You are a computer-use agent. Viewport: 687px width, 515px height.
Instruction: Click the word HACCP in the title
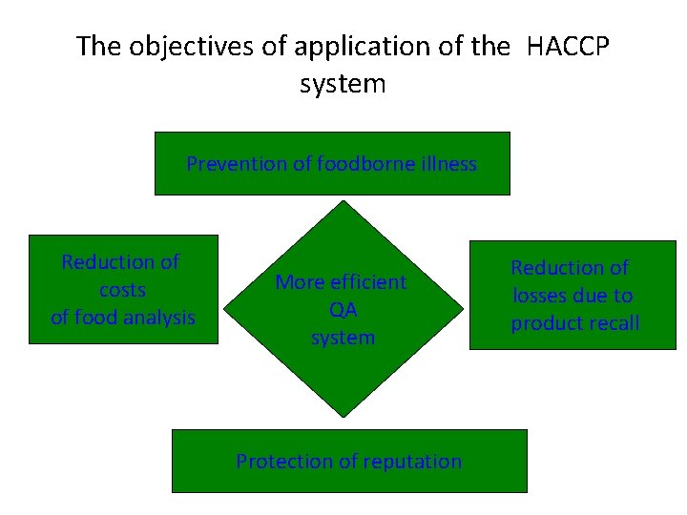click(x=569, y=46)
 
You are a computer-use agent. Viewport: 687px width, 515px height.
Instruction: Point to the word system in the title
click(x=343, y=84)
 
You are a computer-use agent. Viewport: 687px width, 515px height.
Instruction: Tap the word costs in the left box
click(x=122, y=289)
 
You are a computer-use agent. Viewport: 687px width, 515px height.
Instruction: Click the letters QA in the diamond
click(x=343, y=310)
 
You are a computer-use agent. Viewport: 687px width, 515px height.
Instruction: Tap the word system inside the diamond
click(x=343, y=338)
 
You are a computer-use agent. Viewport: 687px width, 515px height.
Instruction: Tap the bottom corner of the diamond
click(x=343, y=416)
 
